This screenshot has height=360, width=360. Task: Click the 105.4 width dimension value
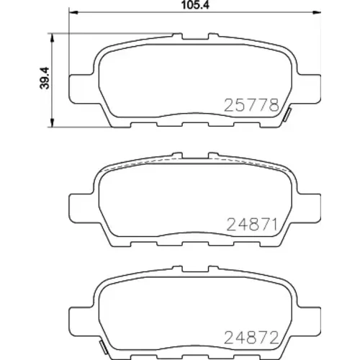coord(195,5)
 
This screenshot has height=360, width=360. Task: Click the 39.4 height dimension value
coord(45,78)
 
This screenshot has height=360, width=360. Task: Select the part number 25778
coord(252,105)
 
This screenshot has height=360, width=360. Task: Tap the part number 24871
coord(252,224)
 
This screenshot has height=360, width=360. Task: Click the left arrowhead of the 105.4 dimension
coord(73,12)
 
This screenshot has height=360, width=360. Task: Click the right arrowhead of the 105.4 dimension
coord(316,12)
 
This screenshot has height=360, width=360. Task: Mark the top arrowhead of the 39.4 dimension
coord(52,38)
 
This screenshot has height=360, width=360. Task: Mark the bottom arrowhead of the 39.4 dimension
coord(52,122)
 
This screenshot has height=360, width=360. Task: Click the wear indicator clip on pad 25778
coord(287,114)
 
